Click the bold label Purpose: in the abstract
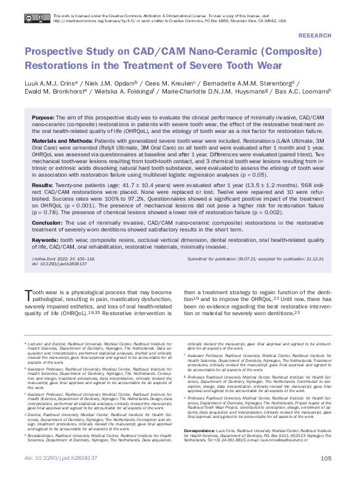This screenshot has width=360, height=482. (44, 116)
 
